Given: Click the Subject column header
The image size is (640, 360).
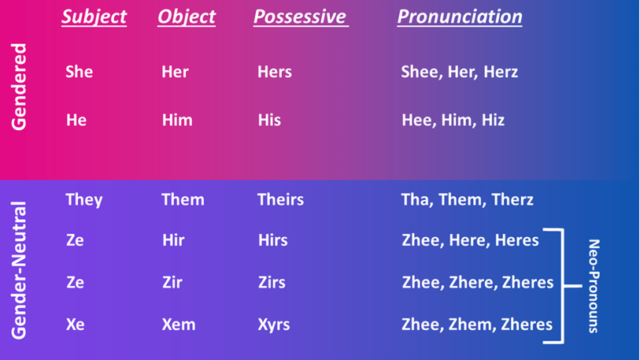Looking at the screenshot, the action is point(94,17).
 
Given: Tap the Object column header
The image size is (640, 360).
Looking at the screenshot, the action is point(187,17).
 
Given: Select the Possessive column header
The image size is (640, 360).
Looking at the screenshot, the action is point(301,17).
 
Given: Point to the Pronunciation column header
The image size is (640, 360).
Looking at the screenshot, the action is point(460,17).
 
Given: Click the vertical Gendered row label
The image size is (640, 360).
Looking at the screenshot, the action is point(19,87).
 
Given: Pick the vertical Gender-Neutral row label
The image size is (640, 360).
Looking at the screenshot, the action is point(19,270).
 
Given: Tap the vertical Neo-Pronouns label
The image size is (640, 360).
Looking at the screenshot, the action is point(594,286).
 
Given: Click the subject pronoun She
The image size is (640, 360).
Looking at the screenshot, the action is point(80,72).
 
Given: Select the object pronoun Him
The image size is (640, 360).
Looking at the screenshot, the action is point(177,121).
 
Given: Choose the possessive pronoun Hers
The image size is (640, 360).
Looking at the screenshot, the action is point(274,72).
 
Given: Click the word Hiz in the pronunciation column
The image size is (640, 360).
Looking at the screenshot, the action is point(493,121).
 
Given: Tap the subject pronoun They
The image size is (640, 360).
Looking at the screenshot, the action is point(84,200).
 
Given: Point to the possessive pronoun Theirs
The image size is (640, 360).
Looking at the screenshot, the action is point(280,199).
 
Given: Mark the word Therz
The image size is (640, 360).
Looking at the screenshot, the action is point(512,199).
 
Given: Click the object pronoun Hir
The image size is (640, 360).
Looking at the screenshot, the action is point(173,239).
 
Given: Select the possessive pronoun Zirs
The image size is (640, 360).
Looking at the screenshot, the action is point(272,282).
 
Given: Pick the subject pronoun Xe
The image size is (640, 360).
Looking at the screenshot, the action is point(75,325).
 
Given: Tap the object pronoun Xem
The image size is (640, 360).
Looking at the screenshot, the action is point(179,325).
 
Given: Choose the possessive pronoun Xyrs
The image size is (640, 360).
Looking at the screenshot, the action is point(273,325).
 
